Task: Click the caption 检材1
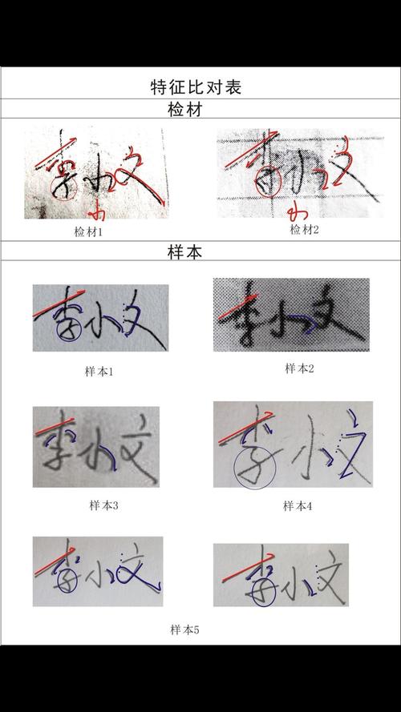click(x=88, y=232)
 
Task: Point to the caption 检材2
click(x=305, y=230)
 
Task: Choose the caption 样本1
click(x=100, y=372)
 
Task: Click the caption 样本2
click(x=299, y=368)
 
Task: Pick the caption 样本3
click(x=104, y=505)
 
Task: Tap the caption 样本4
click(x=298, y=505)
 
